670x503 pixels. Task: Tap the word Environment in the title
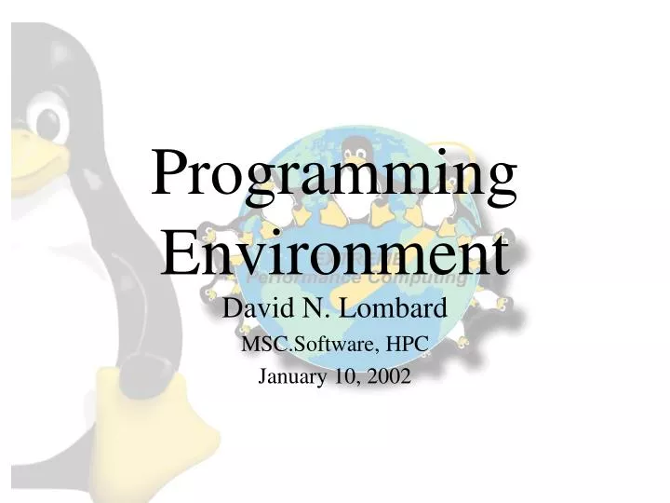[x=335, y=251]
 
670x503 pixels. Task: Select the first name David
[x=253, y=307]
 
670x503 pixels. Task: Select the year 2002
[x=388, y=376]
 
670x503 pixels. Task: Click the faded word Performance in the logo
[x=302, y=278]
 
